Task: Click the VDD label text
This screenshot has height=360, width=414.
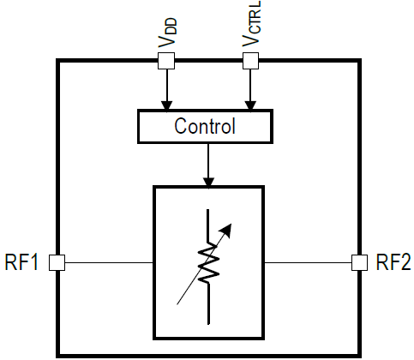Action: [167, 33]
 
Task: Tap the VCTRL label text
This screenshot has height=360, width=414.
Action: [251, 23]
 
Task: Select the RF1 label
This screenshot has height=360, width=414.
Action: [21, 262]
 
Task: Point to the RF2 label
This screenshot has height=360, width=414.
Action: [393, 262]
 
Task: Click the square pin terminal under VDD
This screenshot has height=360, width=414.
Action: [166, 61]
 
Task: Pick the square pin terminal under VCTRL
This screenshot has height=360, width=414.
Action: [250, 61]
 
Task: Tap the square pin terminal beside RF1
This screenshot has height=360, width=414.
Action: [57, 262]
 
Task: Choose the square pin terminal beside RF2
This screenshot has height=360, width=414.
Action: [359, 262]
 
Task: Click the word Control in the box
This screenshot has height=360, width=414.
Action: [205, 126]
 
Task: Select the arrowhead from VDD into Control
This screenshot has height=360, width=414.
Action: [167, 105]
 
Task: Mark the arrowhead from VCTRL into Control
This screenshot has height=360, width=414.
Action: [250, 105]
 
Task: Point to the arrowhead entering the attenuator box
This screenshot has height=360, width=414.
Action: [208, 183]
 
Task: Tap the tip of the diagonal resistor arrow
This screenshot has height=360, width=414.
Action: [231, 224]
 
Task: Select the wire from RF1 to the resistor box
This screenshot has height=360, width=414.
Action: [109, 262]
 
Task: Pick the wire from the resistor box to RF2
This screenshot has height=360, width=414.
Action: [308, 262]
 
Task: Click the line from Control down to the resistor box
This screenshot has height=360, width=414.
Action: [208, 162]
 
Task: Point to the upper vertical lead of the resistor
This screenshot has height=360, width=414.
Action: [207, 225]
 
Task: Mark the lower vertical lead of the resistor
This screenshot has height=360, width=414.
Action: [209, 304]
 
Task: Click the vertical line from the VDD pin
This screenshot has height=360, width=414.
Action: [167, 85]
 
